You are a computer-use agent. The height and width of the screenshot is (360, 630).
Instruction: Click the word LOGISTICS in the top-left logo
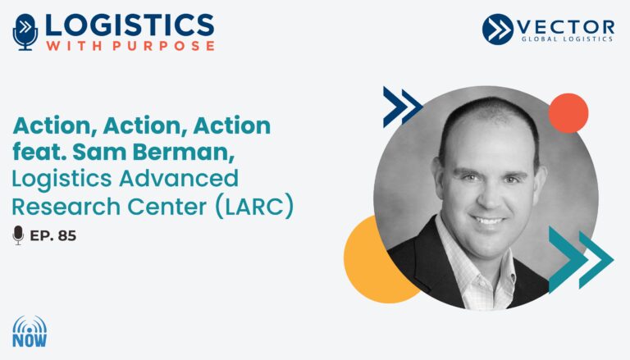[x=130, y=25]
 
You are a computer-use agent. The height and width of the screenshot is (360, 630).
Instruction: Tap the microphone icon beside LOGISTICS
[x=25, y=32]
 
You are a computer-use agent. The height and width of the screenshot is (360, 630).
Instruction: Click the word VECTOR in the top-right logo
[x=566, y=27]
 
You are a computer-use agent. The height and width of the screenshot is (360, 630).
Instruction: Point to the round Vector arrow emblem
[x=498, y=29]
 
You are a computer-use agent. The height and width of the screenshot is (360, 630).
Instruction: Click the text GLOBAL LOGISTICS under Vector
[x=567, y=39]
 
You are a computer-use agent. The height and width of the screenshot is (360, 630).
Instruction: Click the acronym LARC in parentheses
[x=254, y=207]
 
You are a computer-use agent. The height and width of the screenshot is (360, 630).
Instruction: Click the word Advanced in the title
[x=179, y=179]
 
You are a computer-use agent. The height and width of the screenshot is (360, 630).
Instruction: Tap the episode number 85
[x=67, y=235]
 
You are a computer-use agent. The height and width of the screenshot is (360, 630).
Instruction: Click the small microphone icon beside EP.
[x=18, y=235]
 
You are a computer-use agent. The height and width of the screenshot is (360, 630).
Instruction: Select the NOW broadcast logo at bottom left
[x=30, y=331]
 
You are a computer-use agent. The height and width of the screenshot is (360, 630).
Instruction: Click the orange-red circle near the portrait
[x=568, y=113]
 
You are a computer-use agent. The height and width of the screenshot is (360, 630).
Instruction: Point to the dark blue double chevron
[x=403, y=107]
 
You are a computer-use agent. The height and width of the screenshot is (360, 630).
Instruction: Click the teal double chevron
[x=581, y=260]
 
